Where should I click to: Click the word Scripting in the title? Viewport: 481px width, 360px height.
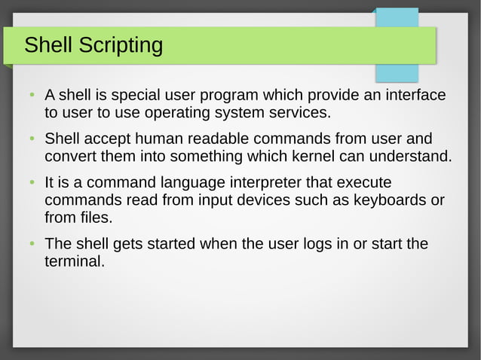[119, 46]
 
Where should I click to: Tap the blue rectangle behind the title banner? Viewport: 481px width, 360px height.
[397, 72]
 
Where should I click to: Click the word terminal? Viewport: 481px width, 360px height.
[74, 262]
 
